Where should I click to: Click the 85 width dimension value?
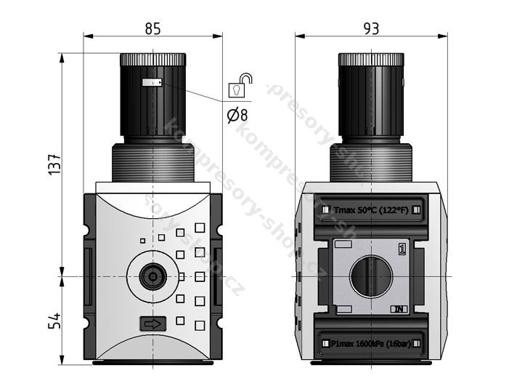click(152, 28)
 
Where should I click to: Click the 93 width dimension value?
click(371, 28)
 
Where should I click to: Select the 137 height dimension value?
click(55, 166)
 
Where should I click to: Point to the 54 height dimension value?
click(55, 321)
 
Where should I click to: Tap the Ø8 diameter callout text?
click(237, 115)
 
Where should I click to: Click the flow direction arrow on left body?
click(152, 324)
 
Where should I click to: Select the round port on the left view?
click(152, 276)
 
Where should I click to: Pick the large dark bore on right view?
click(371, 276)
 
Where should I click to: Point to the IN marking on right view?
click(399, 309)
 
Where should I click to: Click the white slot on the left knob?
click(151, 83)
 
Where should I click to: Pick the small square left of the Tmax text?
click(325, 210)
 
